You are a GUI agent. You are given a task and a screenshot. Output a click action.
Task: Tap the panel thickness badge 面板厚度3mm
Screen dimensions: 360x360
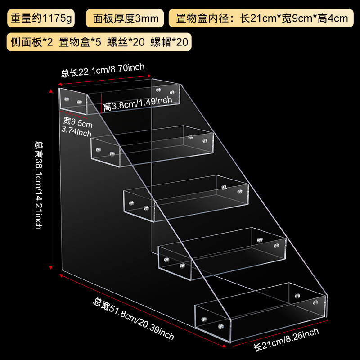click(x=126, y=19)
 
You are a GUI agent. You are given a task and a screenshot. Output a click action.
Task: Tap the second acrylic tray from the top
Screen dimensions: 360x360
click(x=152, y=145)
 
